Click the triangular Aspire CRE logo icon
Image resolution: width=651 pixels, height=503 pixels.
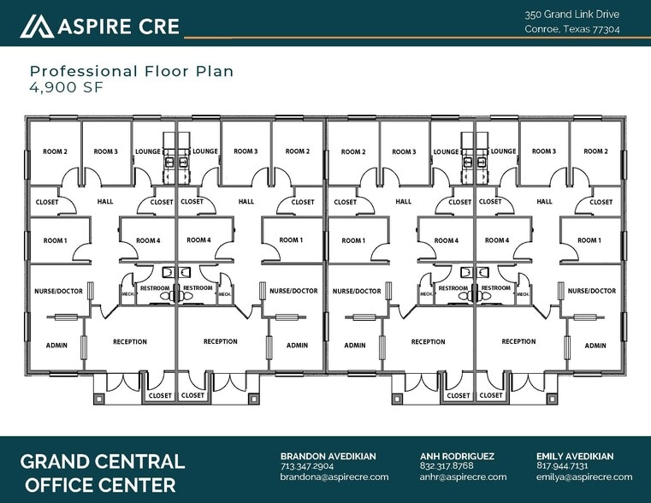(x=37, y=27)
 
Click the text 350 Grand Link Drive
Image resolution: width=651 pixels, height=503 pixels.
(x=571, y=15)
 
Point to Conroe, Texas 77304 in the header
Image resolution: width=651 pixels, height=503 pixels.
(x=572, y=29)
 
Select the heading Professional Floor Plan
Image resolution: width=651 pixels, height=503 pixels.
(x=132, y=71)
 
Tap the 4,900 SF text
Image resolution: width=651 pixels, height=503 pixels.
(x=66, y=87)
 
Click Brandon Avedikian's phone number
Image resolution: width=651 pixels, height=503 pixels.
(x=307, y=466)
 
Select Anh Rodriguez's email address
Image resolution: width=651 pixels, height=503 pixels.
(x=463, y=476)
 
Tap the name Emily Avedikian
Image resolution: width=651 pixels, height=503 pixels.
(x=575, y=456)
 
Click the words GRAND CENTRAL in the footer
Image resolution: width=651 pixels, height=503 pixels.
(x=103, y=461)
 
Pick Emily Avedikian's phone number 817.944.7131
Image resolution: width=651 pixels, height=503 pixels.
(x=562, y=466)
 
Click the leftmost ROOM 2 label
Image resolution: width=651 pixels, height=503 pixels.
(x=56, y=151)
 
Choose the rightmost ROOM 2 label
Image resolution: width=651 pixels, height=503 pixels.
(x=595, y=151)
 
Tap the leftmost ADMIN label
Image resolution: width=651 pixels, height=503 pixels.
(x=56, y=346)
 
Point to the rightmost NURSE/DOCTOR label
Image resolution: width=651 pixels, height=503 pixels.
(x=592, y=291)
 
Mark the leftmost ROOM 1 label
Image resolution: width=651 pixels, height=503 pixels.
(x=56, y=240)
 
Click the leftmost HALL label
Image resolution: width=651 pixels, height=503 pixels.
(x=105, y=202)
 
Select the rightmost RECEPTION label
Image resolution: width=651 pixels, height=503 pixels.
(x=519, y=341)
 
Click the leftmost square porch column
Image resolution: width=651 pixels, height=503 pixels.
(x=99, y=399)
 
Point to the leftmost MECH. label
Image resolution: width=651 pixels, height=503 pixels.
(x=127, y=293)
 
